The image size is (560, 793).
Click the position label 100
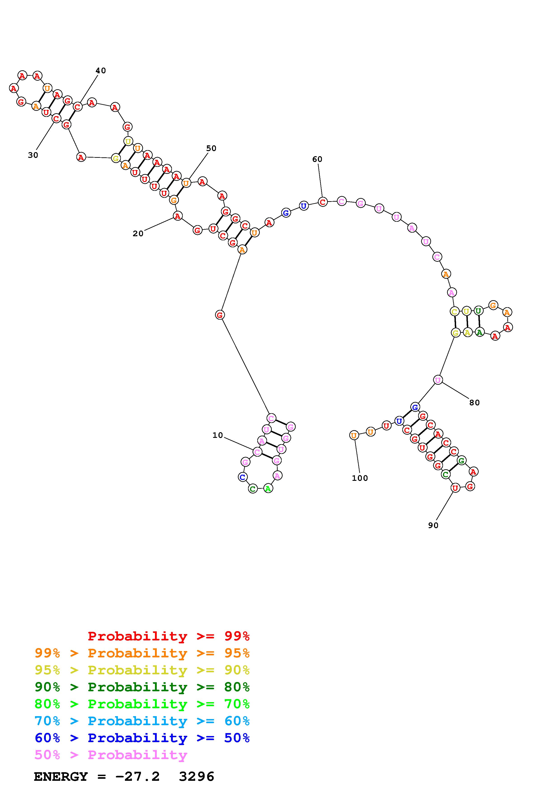360,478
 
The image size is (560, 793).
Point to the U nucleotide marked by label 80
438,380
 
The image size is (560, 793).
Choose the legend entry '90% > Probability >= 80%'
142,687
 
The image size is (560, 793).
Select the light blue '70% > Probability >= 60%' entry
142,721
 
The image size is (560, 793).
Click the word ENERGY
61,776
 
